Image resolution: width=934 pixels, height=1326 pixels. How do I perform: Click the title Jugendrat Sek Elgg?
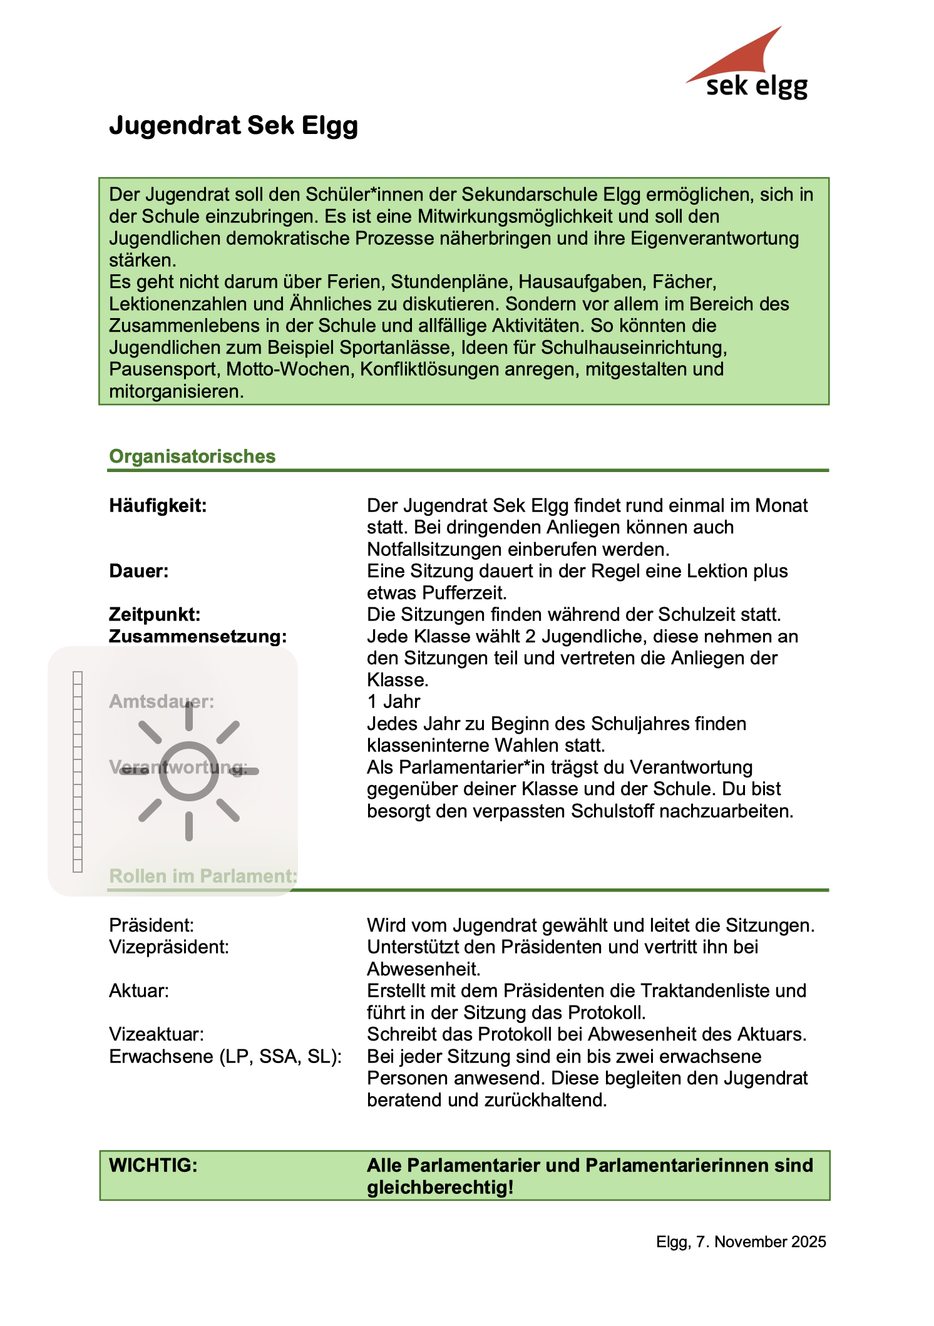233,125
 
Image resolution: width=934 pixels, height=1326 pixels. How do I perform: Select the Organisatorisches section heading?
192,456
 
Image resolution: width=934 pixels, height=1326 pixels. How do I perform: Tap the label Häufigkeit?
158,505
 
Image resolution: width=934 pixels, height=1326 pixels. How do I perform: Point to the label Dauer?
138,571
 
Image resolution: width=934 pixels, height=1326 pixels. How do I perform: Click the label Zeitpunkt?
155,614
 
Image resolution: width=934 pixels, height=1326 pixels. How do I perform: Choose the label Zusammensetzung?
198,636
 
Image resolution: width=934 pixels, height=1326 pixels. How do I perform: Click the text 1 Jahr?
393,701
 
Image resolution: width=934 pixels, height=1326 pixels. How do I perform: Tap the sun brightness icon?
188,771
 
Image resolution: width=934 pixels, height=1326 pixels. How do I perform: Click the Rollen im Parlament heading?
203,876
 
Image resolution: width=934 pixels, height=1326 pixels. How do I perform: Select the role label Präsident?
151,925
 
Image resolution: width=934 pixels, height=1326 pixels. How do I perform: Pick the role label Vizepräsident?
169,947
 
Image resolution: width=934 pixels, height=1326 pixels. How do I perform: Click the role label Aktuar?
139,990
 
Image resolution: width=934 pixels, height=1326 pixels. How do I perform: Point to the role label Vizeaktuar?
157,1034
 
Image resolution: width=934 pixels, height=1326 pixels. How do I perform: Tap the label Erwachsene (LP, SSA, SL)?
225,1056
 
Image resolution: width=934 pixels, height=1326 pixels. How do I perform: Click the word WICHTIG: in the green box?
153,1165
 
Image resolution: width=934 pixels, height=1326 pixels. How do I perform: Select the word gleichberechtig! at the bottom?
440,1187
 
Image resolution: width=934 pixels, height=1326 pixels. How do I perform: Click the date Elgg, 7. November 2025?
741,1241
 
